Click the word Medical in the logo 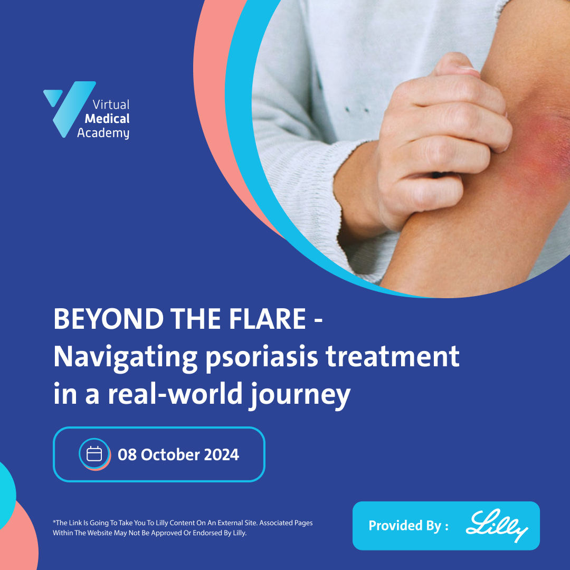(x=107, y=119)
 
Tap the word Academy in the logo (x=103, y=132)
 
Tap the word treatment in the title (x=392, y=357)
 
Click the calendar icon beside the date (x=94, y=454)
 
